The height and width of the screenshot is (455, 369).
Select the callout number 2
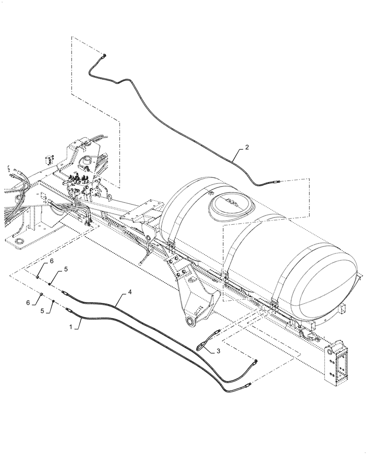click(x=247, y=147)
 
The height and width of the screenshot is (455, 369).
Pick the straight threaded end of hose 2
click(x=275, y=182)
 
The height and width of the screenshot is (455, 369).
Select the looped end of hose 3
click(x=200, y=348)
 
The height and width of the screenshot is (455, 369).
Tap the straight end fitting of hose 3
click(x=219, y=332)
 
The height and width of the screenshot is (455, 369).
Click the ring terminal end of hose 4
click(x=255, y=362)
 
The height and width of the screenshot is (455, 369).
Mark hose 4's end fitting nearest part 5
click(x=65, y=293)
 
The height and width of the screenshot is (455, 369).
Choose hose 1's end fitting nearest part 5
click(x=70, y=310)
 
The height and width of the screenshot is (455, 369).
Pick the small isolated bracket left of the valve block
click(x=50, y=159)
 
